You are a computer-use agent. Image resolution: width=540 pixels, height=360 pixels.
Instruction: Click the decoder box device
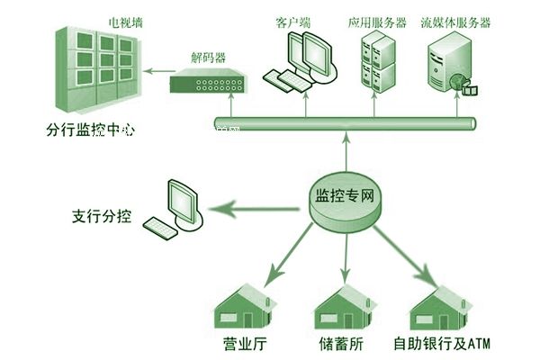(207, 83)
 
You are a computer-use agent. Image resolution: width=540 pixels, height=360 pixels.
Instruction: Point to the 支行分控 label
(102, 217)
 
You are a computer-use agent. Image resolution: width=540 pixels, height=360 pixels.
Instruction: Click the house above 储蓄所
(343, 309)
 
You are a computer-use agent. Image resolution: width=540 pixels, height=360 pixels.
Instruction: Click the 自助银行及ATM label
(440, 344)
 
